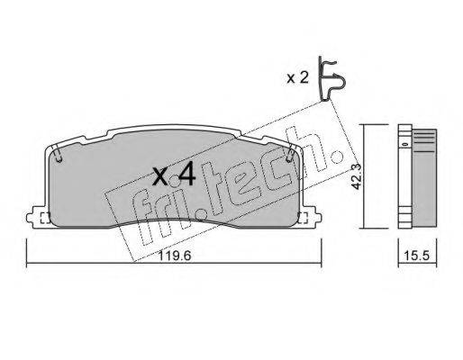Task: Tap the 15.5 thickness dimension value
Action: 415,255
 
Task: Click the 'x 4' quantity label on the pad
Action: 174,175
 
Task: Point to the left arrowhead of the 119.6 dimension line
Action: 27,264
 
